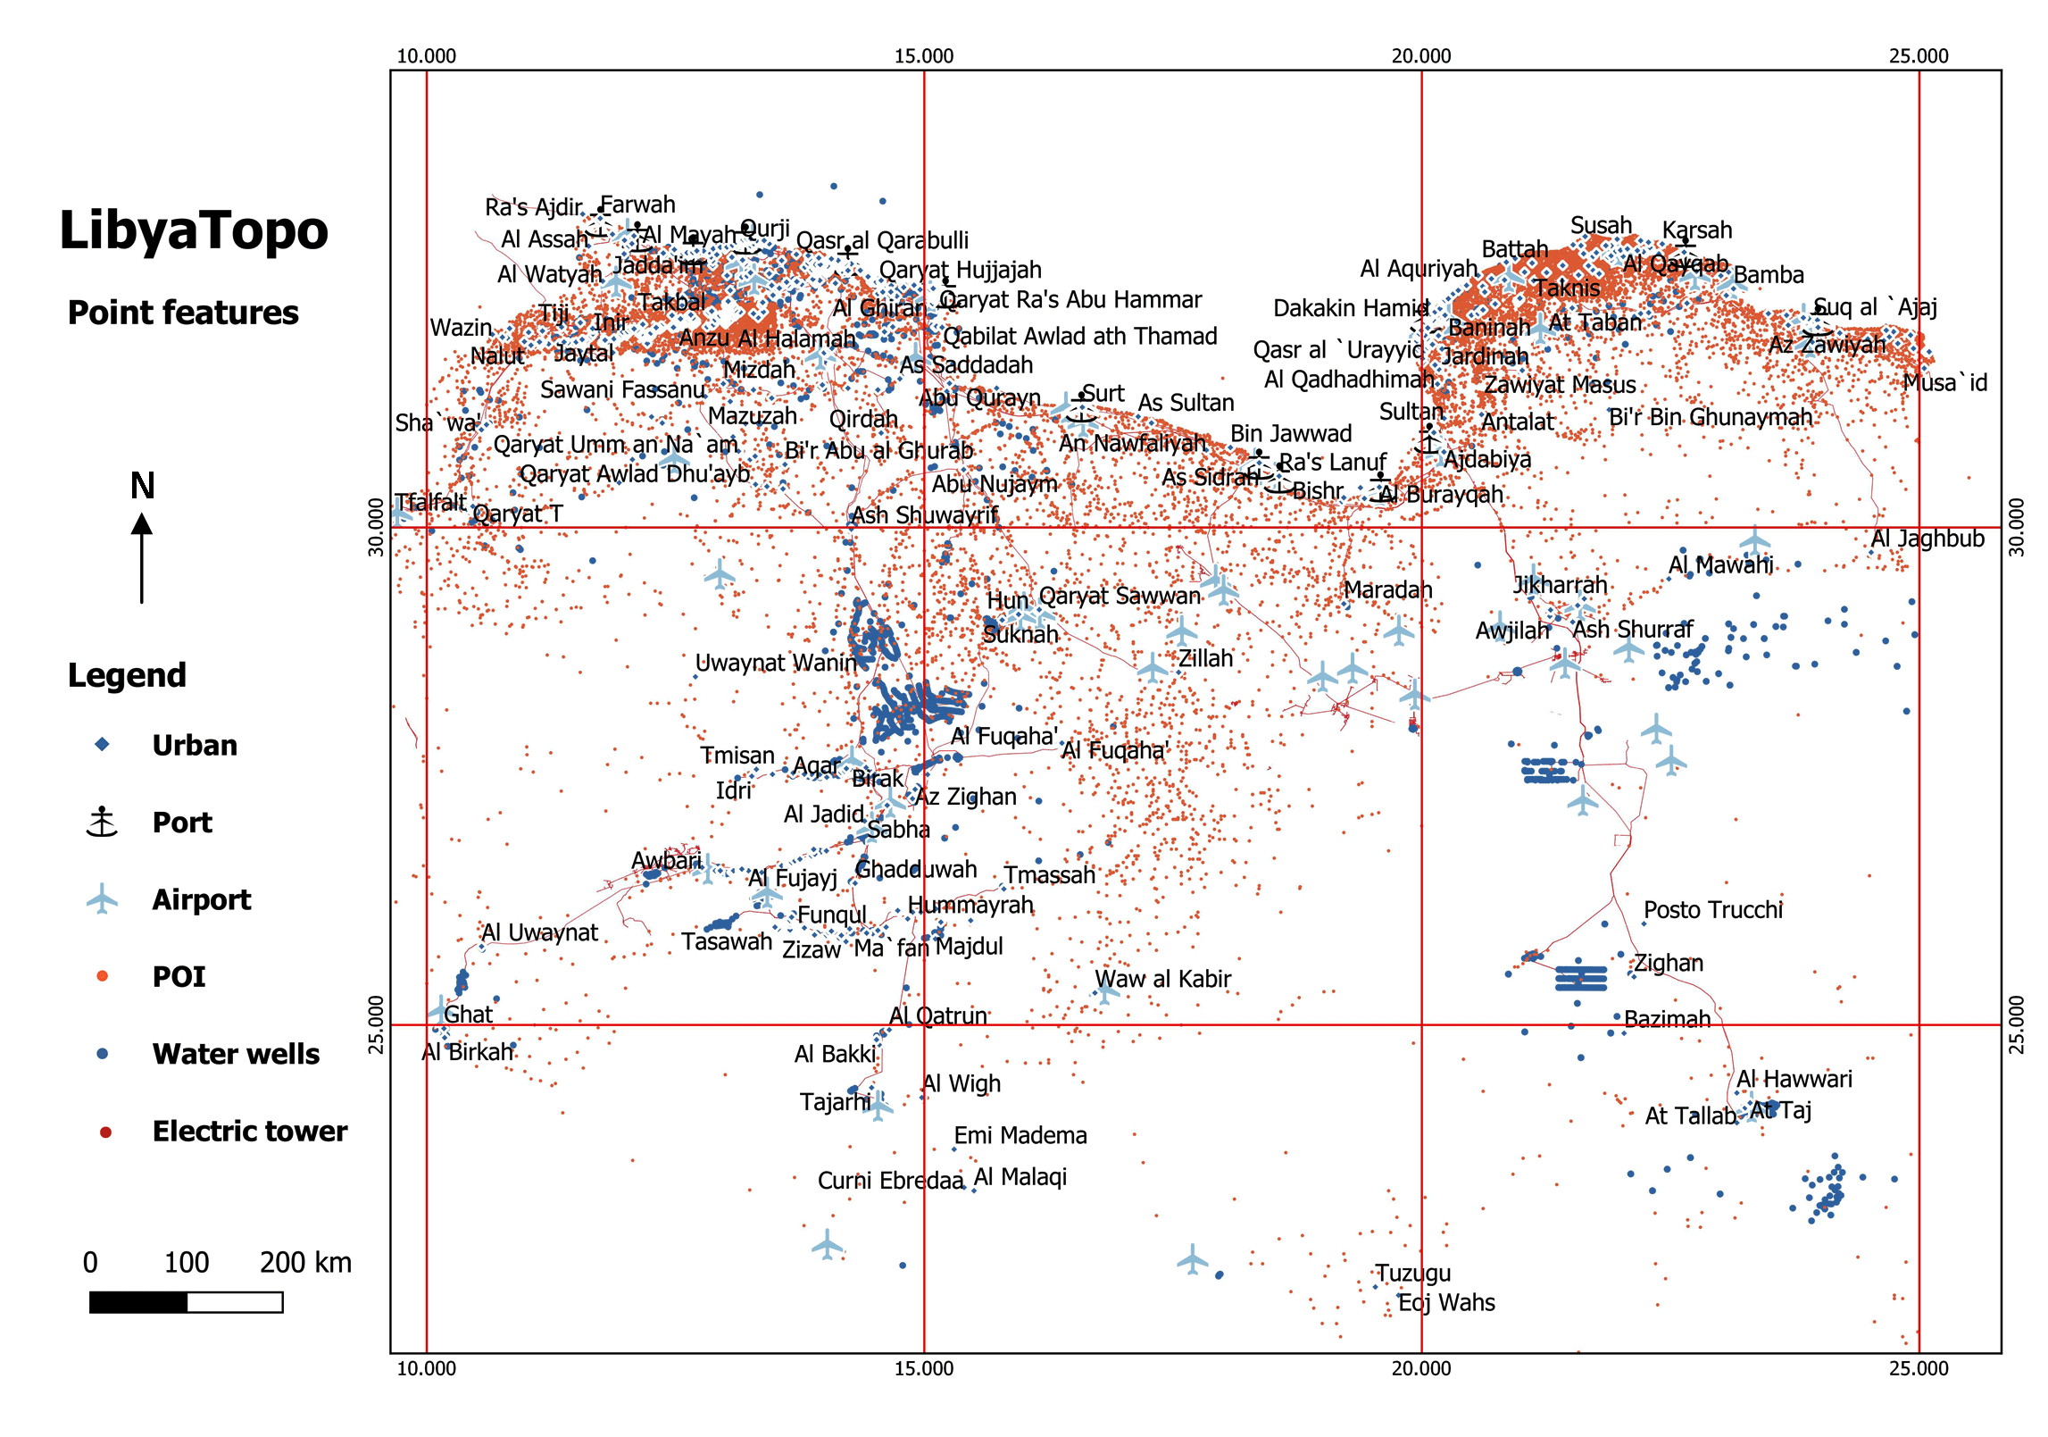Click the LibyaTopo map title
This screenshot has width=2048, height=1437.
(x=194, y=230)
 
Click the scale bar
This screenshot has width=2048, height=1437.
(x=186, y=1302)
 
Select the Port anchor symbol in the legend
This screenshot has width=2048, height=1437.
(x=102, y=822)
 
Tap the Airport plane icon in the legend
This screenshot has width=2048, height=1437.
(x=102, y=899)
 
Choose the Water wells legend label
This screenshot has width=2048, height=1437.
(x=236, y=1054)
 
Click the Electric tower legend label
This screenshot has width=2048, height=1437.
(x=250, y=1132)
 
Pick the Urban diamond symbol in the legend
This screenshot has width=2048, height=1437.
(x=102, y=745)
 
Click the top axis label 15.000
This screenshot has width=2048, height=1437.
(x=924, y=56)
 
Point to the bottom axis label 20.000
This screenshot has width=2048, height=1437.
(x=1421, y=1368)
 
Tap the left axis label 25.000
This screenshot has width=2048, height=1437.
(x=377, y=1024)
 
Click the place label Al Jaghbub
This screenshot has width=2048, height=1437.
(x=1927, y=539)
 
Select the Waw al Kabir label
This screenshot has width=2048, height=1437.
(x=1162, y=979)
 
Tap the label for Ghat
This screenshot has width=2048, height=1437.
(x=468, y=1015)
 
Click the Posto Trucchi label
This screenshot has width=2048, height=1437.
(x=1713, y=909)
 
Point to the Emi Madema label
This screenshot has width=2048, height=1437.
(x=1020, y=1135)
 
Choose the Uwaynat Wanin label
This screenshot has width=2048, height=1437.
(x=776, y=663)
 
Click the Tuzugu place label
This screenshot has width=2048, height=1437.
(x=1413, y=1273)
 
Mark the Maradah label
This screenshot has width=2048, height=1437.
(x=1387, y=589)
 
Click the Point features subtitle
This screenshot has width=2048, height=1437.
(x=183, y=313)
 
